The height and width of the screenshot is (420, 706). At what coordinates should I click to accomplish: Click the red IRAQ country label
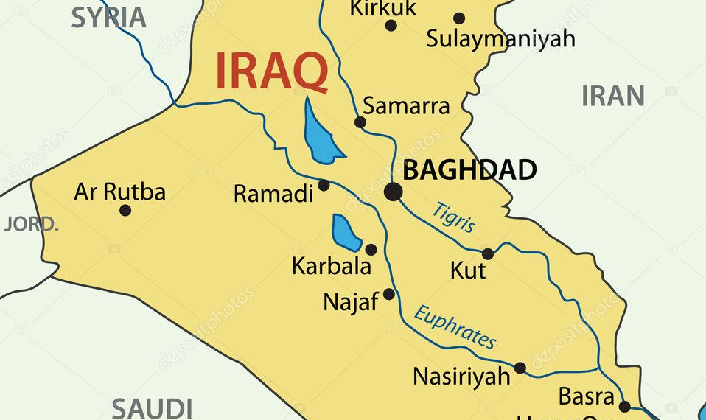pos(271,71)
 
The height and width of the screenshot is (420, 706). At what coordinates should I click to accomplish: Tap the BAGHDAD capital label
pos(469,170)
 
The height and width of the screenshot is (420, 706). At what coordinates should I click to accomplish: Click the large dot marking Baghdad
pos(394,192)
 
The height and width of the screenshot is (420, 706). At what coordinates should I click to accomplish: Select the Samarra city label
pos(406,105)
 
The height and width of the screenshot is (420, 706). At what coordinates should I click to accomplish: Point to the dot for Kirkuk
pos(391,26)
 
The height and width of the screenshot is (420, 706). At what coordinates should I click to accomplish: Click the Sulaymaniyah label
pos(500,38)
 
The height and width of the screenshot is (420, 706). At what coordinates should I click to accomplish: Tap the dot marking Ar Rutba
pos(125,211)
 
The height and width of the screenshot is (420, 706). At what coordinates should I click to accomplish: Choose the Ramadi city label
pos(273,194)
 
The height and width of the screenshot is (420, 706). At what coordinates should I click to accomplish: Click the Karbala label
pos(332,266)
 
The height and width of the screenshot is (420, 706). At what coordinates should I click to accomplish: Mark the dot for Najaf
pos(389,294)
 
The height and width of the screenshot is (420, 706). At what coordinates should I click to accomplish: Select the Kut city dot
pos(488,253)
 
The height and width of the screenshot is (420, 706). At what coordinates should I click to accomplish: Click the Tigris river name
pos(454,217)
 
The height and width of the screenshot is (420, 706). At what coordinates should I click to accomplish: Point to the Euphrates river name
pos(455,326)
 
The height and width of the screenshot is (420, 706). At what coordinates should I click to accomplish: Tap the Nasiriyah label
pos(461,377)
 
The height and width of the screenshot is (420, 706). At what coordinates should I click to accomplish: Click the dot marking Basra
pos(624,406)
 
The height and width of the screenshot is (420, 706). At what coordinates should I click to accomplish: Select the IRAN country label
pos(612,96)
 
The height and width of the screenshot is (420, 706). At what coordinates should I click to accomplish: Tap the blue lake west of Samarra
pos(321,133)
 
